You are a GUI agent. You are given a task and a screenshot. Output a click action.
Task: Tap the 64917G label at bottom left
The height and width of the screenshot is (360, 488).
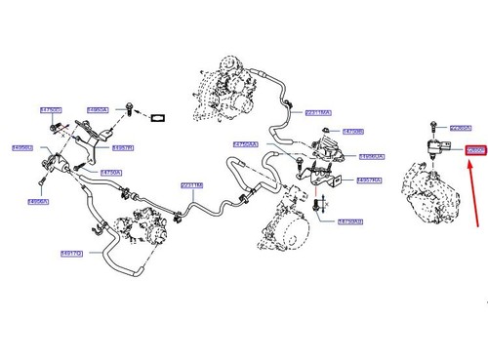[71, 253]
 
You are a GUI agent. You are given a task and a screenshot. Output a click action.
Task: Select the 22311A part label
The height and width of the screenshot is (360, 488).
[192, 185]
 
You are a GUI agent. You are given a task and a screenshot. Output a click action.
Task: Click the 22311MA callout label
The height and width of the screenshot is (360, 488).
[318, 112]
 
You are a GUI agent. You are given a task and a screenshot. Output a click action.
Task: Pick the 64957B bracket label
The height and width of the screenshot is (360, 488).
[123, 147]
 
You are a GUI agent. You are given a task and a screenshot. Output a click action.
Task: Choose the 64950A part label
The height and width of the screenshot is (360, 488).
[98, 110]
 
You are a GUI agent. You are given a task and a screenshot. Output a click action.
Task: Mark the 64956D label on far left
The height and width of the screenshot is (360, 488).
[22, 147]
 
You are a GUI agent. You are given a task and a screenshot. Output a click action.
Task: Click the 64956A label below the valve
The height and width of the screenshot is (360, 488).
[38, 202]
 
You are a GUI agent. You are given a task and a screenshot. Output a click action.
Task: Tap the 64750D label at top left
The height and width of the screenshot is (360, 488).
[51, 110]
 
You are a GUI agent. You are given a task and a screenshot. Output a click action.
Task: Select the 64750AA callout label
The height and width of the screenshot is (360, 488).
[246, 144]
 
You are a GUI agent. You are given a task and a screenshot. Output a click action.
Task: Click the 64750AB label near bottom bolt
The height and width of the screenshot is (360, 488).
[349, 221]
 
